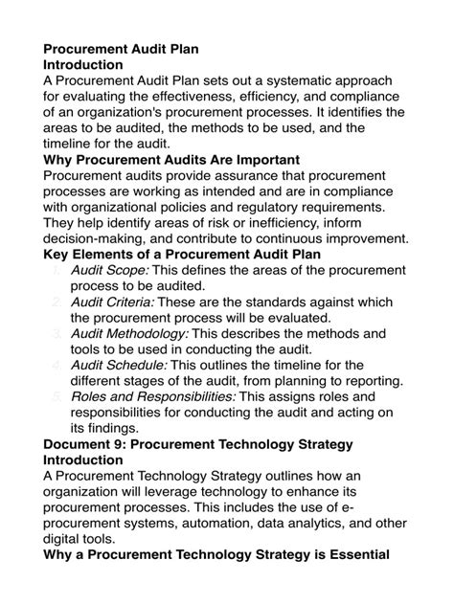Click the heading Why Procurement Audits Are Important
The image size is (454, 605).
point(172,159)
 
